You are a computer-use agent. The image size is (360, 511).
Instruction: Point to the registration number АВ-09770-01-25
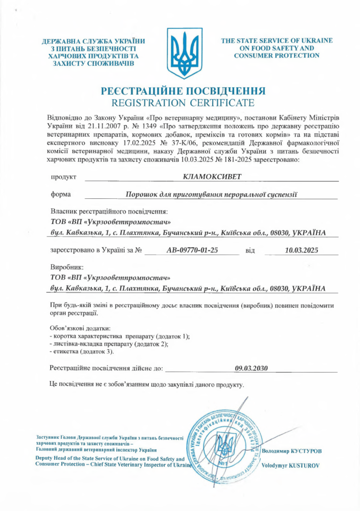pyautogui.click(x=192, y=250)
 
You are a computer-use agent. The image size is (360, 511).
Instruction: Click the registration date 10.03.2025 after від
pyautogui.click(x=302, y=250)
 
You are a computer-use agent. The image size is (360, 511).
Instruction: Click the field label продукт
pyautogui.click(x=63, y=177)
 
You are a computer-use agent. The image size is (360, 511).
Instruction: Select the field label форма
pyautogui.click(x=61, y=194)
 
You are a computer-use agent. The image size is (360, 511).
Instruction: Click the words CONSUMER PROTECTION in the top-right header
pyautogui.click(x=277, y=55)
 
